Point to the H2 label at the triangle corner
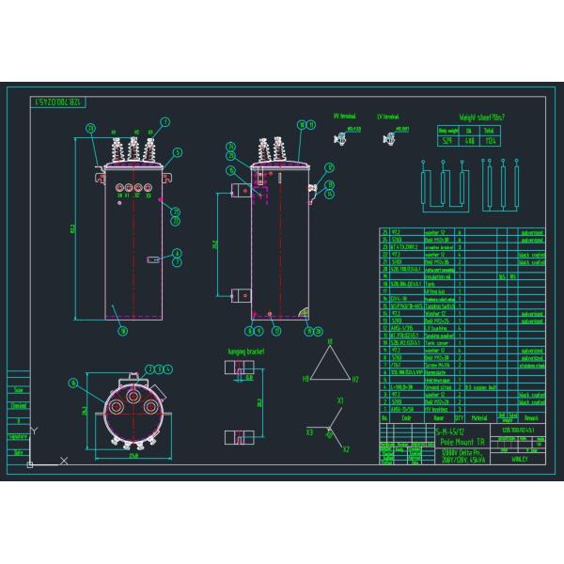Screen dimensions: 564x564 coord(355,379)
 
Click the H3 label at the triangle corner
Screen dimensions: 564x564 coord(305,379)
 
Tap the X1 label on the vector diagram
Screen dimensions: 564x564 coord(340,401)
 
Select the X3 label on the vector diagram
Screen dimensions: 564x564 coord(309,431)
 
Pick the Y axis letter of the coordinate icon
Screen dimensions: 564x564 coord(33,431)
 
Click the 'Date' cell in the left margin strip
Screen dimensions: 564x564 coord(17,453)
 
